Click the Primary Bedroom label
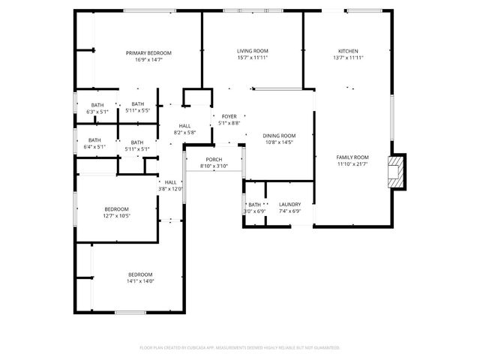(x=148, y=52)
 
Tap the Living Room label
(x=253, y=51)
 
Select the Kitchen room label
(x=347, y=51)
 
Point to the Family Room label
(x=352, y=157)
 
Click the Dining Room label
(x=279, y=136)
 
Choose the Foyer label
(x=229, y=116)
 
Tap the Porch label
(x=214, y=159)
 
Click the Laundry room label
(x=289, y=204)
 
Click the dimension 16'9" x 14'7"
(x=148, y=59)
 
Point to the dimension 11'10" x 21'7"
(x=352, y=163)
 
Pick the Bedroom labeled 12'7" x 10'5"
(x=116, y=209)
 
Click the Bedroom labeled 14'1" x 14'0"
(x=140, y=274)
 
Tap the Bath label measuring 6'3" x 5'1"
(x=97, y=105)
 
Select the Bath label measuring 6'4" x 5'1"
(x=95, y=139)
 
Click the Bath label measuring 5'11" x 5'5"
(x=138, y=104)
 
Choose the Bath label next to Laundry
(x=254, y=204)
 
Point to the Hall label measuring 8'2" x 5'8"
(x=184, y=126)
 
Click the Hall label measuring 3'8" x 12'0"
(x=170, y=182)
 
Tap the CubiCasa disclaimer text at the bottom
(x=240, y=347)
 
